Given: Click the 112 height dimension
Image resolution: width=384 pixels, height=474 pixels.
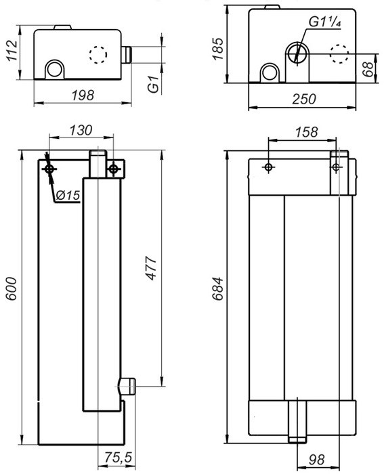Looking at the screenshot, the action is (12, 50).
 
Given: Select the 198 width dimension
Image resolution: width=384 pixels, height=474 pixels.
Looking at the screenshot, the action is (83, 95).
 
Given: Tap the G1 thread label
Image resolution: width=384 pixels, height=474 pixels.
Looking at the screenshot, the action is (153, 84).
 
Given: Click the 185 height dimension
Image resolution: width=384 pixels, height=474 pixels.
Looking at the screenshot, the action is (217, 49).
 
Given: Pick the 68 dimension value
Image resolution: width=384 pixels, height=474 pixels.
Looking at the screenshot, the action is (368, 69).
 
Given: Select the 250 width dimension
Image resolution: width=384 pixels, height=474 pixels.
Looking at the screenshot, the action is (304, 99).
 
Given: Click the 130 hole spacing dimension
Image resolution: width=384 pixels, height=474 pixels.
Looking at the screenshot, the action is (81, 130).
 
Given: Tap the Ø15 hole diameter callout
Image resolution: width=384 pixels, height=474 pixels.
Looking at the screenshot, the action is (68, 195).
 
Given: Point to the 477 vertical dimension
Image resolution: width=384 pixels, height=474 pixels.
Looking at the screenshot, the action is (152, 268).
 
